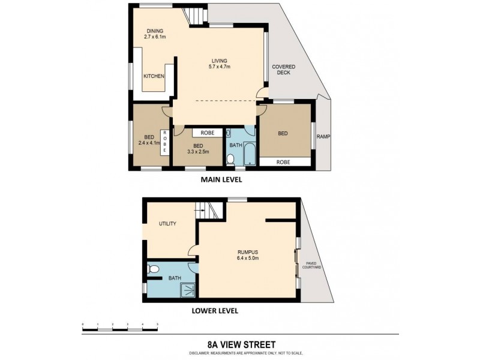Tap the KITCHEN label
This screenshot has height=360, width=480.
[154, 76]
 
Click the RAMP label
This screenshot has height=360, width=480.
[324, 136]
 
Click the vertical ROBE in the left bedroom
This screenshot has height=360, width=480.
[163, 142]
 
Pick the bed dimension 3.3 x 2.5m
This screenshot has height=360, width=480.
[198, 149]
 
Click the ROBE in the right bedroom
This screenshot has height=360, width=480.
[284, 161]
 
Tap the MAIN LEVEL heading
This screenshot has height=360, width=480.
[221, 179]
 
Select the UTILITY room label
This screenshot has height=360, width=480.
[167, 224]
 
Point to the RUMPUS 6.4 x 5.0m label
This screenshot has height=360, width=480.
[247, 256]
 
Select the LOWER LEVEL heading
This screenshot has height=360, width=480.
[214, 311]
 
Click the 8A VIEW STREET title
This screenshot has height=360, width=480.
[240, 344]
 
